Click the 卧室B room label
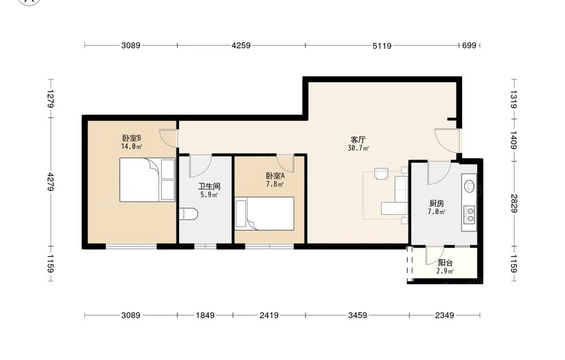pyautogui.click(x=131, y=138)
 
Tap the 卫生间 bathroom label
pyautogui.click(x=209, y=186)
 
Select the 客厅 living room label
pyautogui.click(x=358, y=140)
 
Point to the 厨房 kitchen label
pyautogui.click(x=436, y=203)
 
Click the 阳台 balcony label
pyautogui.click(x=445, y=263)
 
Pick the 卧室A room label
pyautogui.click(x=275, y=176)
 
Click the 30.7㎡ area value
pyautogui.click(x=358, y=148)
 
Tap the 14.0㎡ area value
pyautogui.click(x=132, y=146)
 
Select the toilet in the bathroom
pyautogui.click(x=189, y=214)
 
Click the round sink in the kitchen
pyautogui.click(x=470, y=186)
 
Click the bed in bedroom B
pyautogui.click(x=147, y=180)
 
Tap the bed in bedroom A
pyautogui.click(x=264, y=213)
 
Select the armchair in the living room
pyautogui.click(x=381, y=174)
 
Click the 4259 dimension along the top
pyautogui.click(x=241, y=46)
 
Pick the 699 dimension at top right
pyautogui.click(x=469, y=46)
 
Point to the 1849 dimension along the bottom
pyautogui.click(x=205, y=316)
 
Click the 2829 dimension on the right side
pyautogui.click(x=514, y=203)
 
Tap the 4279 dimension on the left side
pyautogui.click(x=50, y=183)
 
